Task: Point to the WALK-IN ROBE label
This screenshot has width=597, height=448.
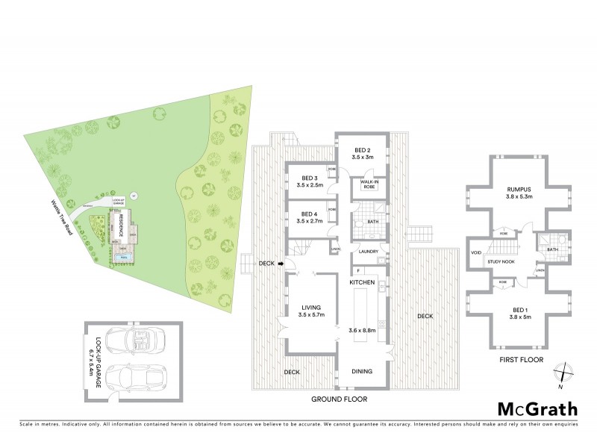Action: [x=368, y=184]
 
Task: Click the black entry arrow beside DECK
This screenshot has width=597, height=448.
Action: [x=281, y=263]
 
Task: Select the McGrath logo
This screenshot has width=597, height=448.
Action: [x=537, y=408]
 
